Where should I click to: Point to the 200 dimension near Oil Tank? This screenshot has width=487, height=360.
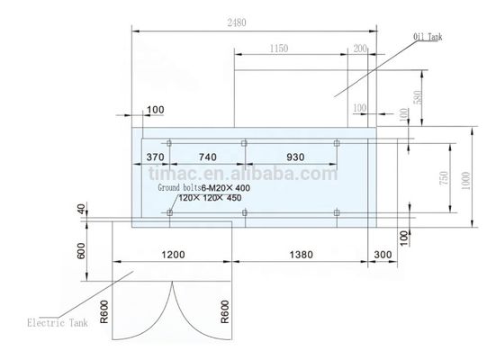360,49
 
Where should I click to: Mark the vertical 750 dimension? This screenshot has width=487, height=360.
443,178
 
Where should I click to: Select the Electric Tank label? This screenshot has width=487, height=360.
58,320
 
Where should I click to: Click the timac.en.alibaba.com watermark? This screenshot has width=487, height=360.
242,172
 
